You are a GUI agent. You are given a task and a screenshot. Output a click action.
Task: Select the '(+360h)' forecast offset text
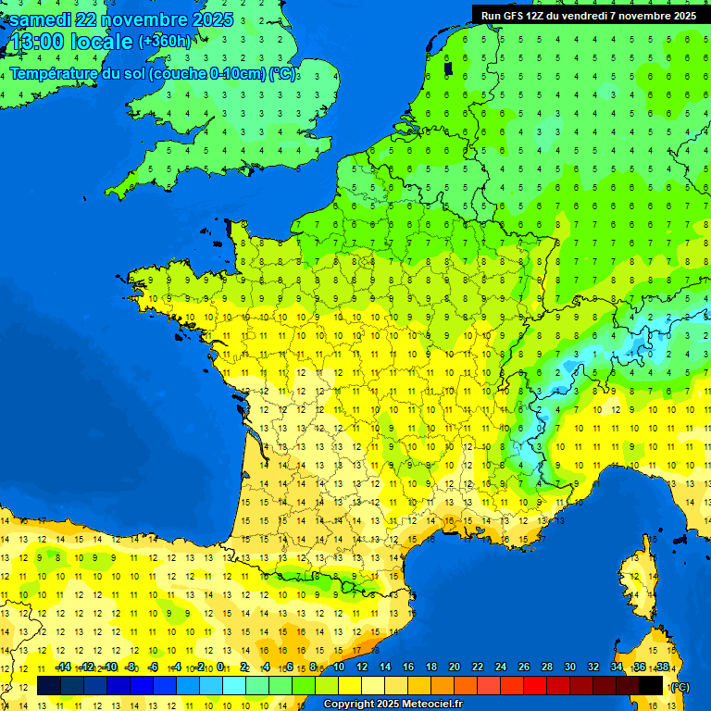pos(165,42)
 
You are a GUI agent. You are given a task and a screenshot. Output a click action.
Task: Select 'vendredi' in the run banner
pos(587,16)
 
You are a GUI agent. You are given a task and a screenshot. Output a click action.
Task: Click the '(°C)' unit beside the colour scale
pos(679,687)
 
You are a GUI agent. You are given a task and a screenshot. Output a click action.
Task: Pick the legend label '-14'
pos(63,667)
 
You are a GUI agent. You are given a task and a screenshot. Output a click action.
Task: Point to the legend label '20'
pos(455,667)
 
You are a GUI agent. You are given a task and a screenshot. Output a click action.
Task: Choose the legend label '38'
pos(662,667)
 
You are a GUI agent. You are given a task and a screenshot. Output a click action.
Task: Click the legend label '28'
pos(546,667)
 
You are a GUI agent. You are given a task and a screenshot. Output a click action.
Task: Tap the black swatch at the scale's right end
pos(651,686)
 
